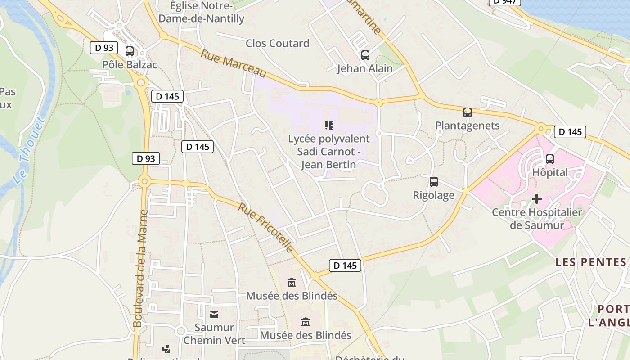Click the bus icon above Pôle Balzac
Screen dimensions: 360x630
tap(130, 51)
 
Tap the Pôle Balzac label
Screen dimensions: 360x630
tap(130, 65)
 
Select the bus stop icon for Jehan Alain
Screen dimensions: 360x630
tap(365, 55)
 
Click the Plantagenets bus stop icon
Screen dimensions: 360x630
tap(468, 112)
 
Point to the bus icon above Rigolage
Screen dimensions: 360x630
tap(433, 182)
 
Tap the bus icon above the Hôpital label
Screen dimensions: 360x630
tap(549, 159)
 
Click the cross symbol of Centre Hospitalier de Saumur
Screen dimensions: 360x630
tap(536, 198)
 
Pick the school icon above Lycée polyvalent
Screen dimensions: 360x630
tap(329, 125)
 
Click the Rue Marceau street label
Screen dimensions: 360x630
tap(234, 64)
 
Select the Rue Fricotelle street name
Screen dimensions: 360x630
tap(266, 228)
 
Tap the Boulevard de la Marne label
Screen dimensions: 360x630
tap(140, 269)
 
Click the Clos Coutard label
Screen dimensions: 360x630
tap(277, 43)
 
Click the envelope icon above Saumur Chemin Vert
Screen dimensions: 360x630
tap(214, 314)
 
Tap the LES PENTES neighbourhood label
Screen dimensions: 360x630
tap(590, 262)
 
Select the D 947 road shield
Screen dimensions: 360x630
tap(504, 1)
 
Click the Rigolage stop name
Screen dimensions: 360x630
tap(433, 195)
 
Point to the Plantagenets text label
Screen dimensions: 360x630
tap(467, 126)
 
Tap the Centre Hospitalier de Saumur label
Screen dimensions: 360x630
tap(536, 218)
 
